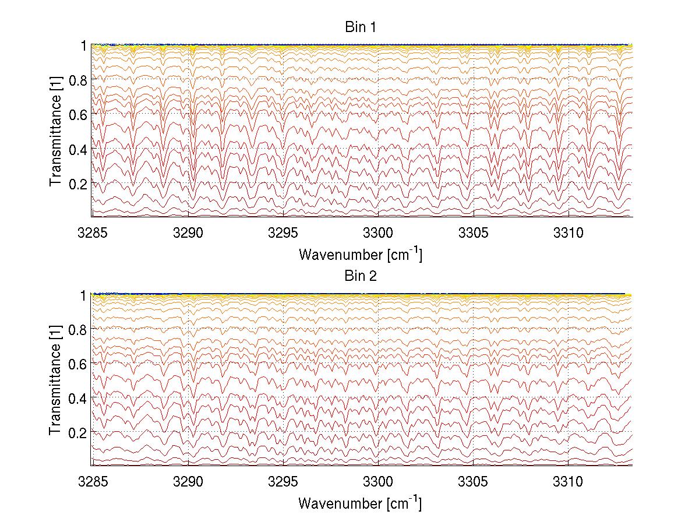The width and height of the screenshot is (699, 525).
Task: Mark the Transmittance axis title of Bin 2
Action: (x=56, y=380)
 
